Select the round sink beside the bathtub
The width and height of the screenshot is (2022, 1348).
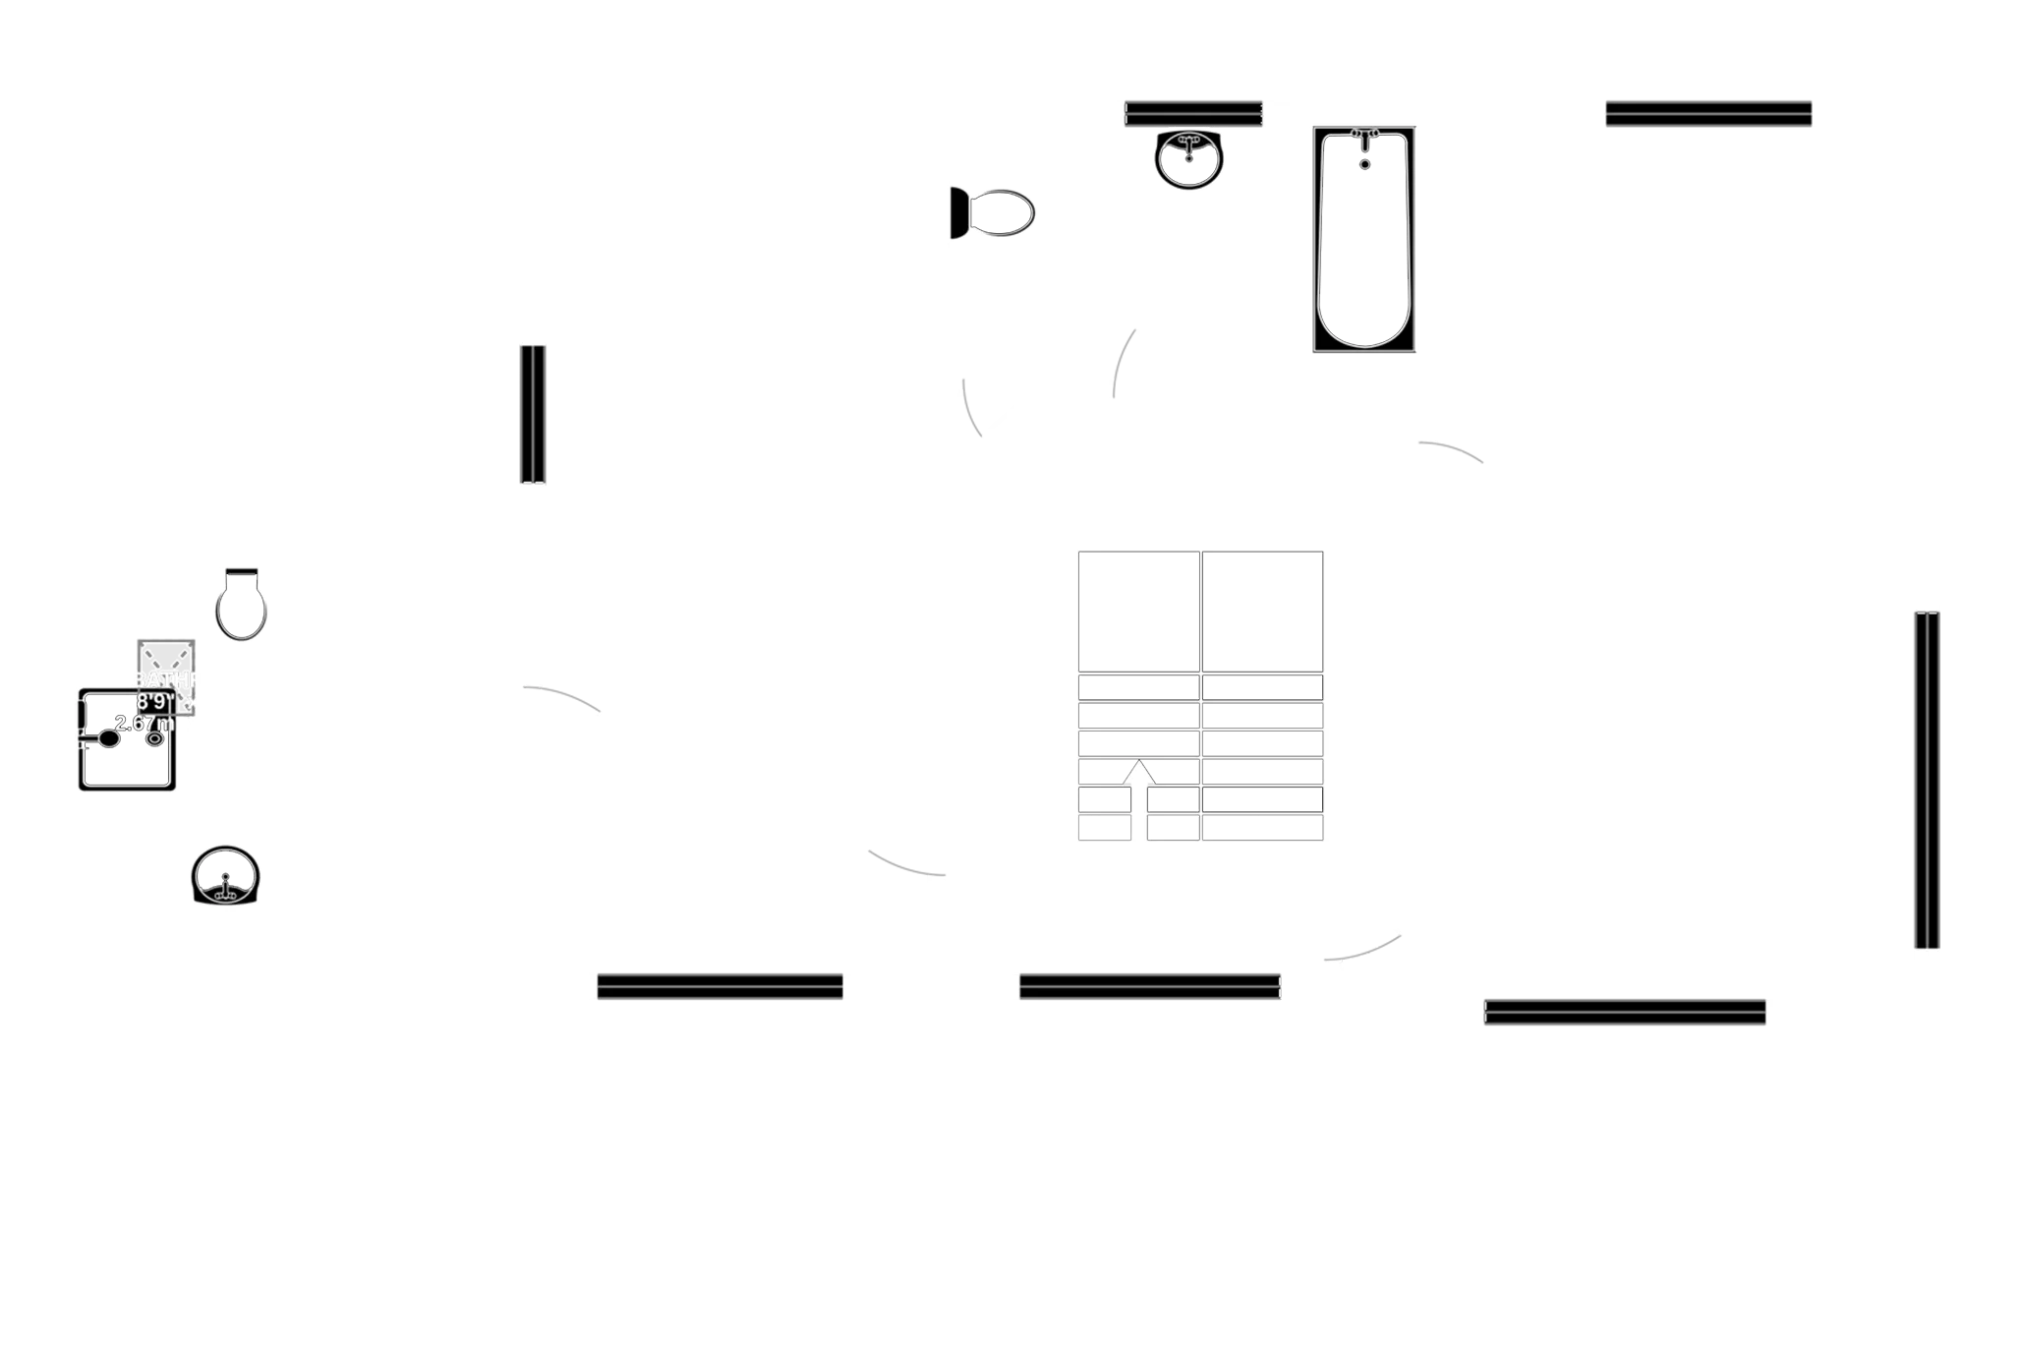[x=1189, y=158]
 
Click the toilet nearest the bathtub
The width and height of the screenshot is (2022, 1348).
[x=994, y=212]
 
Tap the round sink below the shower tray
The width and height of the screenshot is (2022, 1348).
[x=225, y=874]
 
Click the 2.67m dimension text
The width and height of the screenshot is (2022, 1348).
[x=144, y=724]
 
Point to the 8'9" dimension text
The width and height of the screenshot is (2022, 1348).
[x=153, y=702]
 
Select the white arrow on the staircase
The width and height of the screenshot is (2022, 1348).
[x=1138, y=773]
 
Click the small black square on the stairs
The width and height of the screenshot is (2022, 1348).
[x=1207, y=735]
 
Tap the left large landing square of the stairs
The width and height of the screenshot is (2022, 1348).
[x=1138, y=612]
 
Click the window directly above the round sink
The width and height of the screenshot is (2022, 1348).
[x=1193, y=113]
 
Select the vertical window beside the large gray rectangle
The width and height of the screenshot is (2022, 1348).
[x=532, y=414]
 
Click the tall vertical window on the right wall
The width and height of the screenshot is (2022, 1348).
[x=1927, y=780]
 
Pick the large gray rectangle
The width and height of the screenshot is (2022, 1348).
[x=732, y=416]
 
